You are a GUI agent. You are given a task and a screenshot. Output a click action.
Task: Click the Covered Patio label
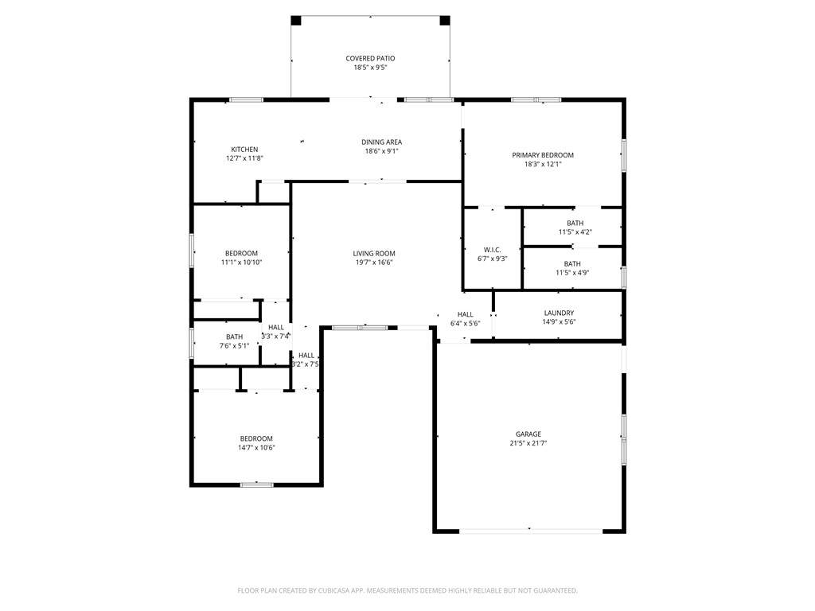(370, 59)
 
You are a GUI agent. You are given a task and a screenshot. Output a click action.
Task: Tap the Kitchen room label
(244, 150)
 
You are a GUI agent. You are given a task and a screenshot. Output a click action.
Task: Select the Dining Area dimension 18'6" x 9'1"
(381, 151)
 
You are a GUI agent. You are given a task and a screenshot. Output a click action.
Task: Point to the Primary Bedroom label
(543, 155)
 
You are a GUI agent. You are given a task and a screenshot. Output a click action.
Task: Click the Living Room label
(374, 254)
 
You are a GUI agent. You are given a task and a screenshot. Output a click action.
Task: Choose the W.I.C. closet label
(492, 250)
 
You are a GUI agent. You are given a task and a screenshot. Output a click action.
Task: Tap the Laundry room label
(559, 313)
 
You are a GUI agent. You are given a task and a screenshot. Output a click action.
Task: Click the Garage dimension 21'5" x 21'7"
(528, 443)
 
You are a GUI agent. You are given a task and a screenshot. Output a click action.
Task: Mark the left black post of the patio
(296, 20)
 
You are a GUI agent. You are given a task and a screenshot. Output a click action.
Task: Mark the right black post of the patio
(445, 20)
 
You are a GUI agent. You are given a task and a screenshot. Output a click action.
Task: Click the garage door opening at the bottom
(531, 531)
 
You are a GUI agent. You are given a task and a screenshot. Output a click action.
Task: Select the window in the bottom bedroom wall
(257, 485)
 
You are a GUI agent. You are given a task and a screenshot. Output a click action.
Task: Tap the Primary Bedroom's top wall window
(536, 99)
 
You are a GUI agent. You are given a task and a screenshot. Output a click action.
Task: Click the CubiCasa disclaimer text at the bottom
(407, 590)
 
